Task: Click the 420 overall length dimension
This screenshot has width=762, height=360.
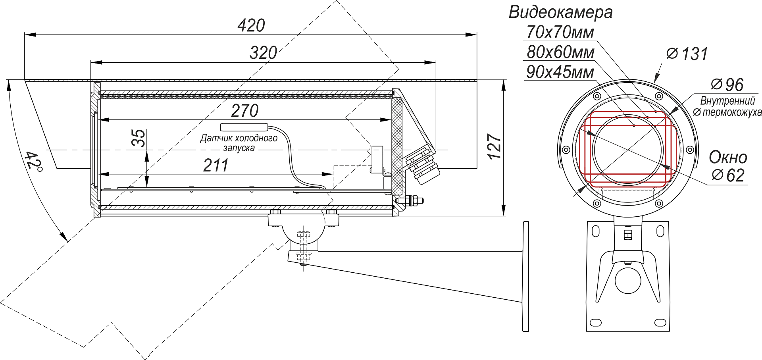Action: coord(251,26)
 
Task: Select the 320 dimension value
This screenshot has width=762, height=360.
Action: coord(263,53)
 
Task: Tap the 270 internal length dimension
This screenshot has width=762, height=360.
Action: coord(244,111)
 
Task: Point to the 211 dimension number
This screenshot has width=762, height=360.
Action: coord(216,166)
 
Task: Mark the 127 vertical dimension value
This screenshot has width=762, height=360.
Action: coord(495,147)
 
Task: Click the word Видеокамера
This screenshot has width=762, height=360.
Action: coord(560,12)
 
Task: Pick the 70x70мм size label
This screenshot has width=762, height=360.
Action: coord(560,33)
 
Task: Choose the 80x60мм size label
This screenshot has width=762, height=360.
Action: coord(560,52)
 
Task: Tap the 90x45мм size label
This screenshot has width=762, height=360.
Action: coord(560,72)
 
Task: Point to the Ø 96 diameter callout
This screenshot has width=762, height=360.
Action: coord(727,85)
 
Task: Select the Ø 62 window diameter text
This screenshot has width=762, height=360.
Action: coord(728,175)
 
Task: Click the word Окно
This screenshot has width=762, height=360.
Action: coord(728,158)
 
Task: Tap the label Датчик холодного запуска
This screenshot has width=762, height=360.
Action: coord(239,143)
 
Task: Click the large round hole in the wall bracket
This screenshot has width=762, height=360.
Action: coord(628,280)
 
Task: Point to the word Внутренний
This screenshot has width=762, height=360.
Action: coord(727,101)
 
